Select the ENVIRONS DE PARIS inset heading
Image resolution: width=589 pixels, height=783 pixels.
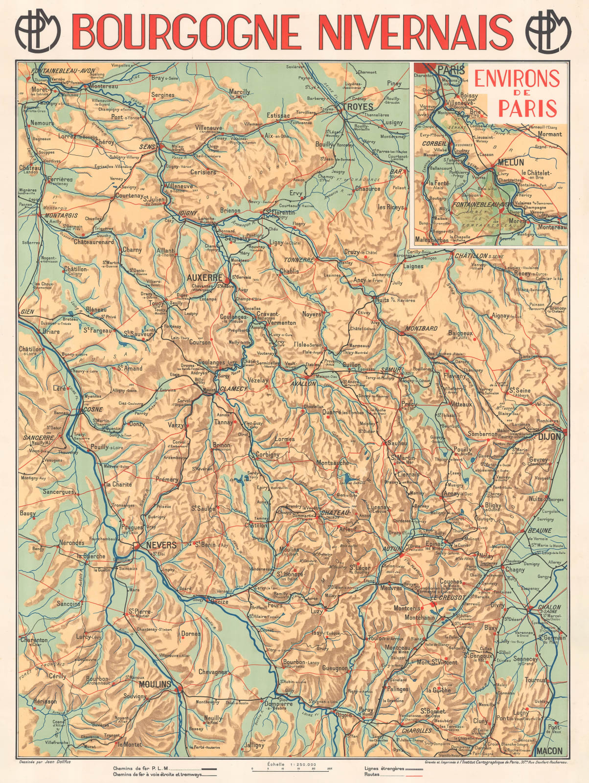click(x=517, y=92)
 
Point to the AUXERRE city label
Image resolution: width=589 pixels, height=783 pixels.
click(x=205, y=277)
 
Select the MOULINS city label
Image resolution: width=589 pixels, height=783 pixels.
click(x=155, y=684)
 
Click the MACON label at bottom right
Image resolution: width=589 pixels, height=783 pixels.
click(x=549, y=751)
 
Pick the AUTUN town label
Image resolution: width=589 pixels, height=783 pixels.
click(x=391, y=549)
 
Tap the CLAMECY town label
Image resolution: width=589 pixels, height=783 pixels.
click(x=233, y=389)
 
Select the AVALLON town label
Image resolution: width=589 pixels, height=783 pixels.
click(x=303, y=384)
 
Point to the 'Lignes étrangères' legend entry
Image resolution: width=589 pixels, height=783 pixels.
click(x=384, y=768)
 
